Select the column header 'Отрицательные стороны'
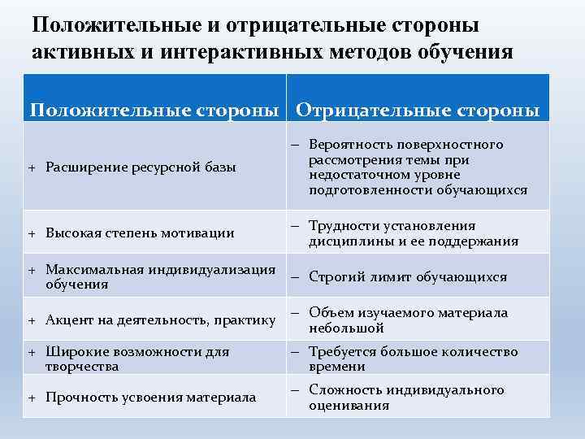click(x=418, y=110)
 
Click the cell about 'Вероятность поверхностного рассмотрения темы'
click(x=418, y=167)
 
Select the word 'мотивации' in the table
click(x=200, y=233)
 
